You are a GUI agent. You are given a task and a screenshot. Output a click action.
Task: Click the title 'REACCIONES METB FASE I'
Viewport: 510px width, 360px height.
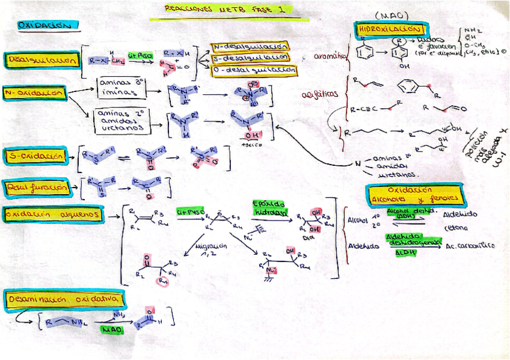pyautogui.click(x=219, y=10)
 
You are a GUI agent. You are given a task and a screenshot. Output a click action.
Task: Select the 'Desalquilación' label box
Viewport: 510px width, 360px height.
pyautogui.click(x=42, y=60)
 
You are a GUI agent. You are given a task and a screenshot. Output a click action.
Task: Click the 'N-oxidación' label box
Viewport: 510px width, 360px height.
pyautogui.click(x=34, y=93)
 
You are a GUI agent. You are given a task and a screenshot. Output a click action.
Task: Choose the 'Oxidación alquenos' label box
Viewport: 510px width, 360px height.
pyautogui.click(x=52, y=214)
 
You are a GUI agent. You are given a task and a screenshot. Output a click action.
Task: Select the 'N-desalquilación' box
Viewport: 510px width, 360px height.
pyautogui.click(x=249, y=46)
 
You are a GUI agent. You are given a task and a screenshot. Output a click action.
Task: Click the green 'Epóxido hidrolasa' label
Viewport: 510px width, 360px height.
pyautogui.click(x=269, y=208)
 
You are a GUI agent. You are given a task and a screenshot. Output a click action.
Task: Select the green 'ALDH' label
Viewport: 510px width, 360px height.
pyautogui.click(x=405, y=253)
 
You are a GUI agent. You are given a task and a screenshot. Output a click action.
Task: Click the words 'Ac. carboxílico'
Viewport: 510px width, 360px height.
pyautogui.click(x=471, y=246)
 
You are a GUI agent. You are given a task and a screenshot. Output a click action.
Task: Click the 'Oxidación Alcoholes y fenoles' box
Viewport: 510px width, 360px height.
pyautogui.click(x=414, y=195)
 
